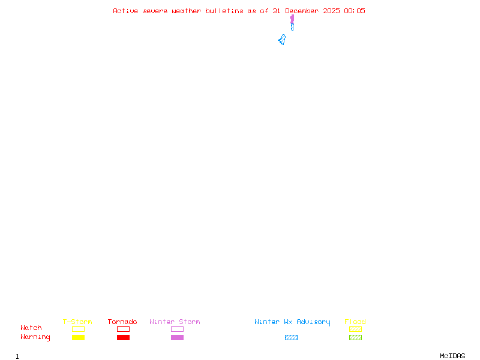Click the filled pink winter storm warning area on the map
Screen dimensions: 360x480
pos(292,20)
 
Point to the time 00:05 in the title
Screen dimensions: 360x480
pos(355,11)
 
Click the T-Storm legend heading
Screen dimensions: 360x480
pos(77,322)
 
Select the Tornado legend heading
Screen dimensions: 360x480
pos(122,322)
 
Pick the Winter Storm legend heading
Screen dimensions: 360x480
pos(175,322)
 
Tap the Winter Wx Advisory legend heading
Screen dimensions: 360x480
pos(292,322)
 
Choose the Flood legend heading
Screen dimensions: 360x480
pos(355,322)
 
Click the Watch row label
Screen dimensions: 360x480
pos(31,328)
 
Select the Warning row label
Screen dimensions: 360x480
pos(35,337)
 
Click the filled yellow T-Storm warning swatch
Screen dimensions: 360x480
pos(78,338)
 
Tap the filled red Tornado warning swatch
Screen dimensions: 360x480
pos(123,338)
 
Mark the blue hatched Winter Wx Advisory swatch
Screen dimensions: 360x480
pos(291,338)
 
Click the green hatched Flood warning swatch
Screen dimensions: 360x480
pos(355,338)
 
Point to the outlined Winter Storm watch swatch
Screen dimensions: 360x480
pos(177,329)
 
